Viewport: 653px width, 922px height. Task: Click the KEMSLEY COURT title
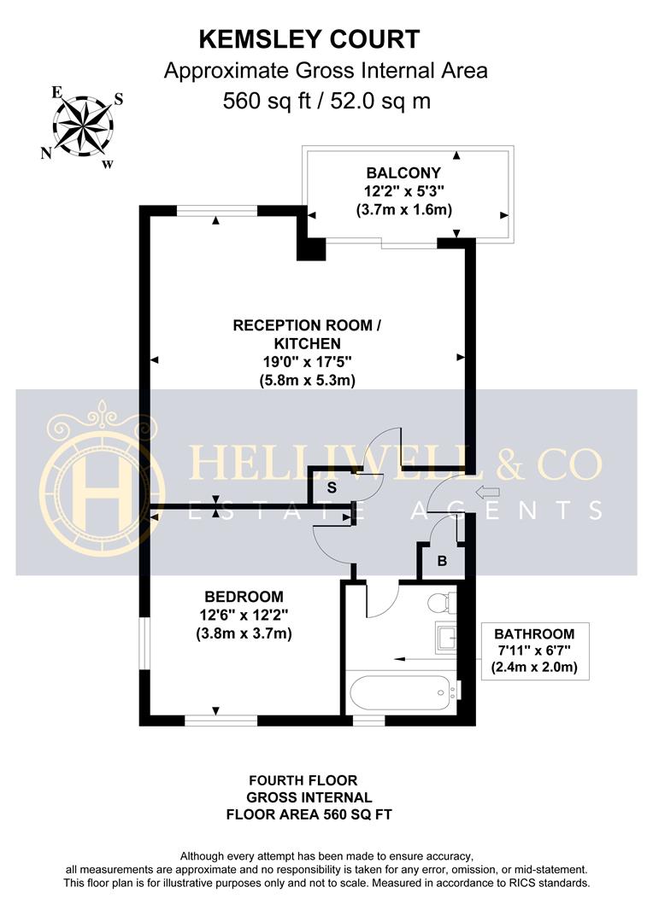pos(309,39)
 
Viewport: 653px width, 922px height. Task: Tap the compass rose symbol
pos(83,125)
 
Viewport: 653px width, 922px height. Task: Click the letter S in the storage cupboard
pos(332,486)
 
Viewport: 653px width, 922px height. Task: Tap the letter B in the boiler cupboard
pos(441,562)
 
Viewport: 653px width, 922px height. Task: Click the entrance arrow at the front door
pos(487,492)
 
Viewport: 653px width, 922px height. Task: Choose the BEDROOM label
pos(244,596)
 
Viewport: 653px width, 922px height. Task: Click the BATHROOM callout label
pos(534,633)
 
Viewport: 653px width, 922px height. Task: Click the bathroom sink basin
pos(445,636)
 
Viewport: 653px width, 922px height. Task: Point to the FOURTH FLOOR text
pos(303,780)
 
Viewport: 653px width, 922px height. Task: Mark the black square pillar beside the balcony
pos(310,247)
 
